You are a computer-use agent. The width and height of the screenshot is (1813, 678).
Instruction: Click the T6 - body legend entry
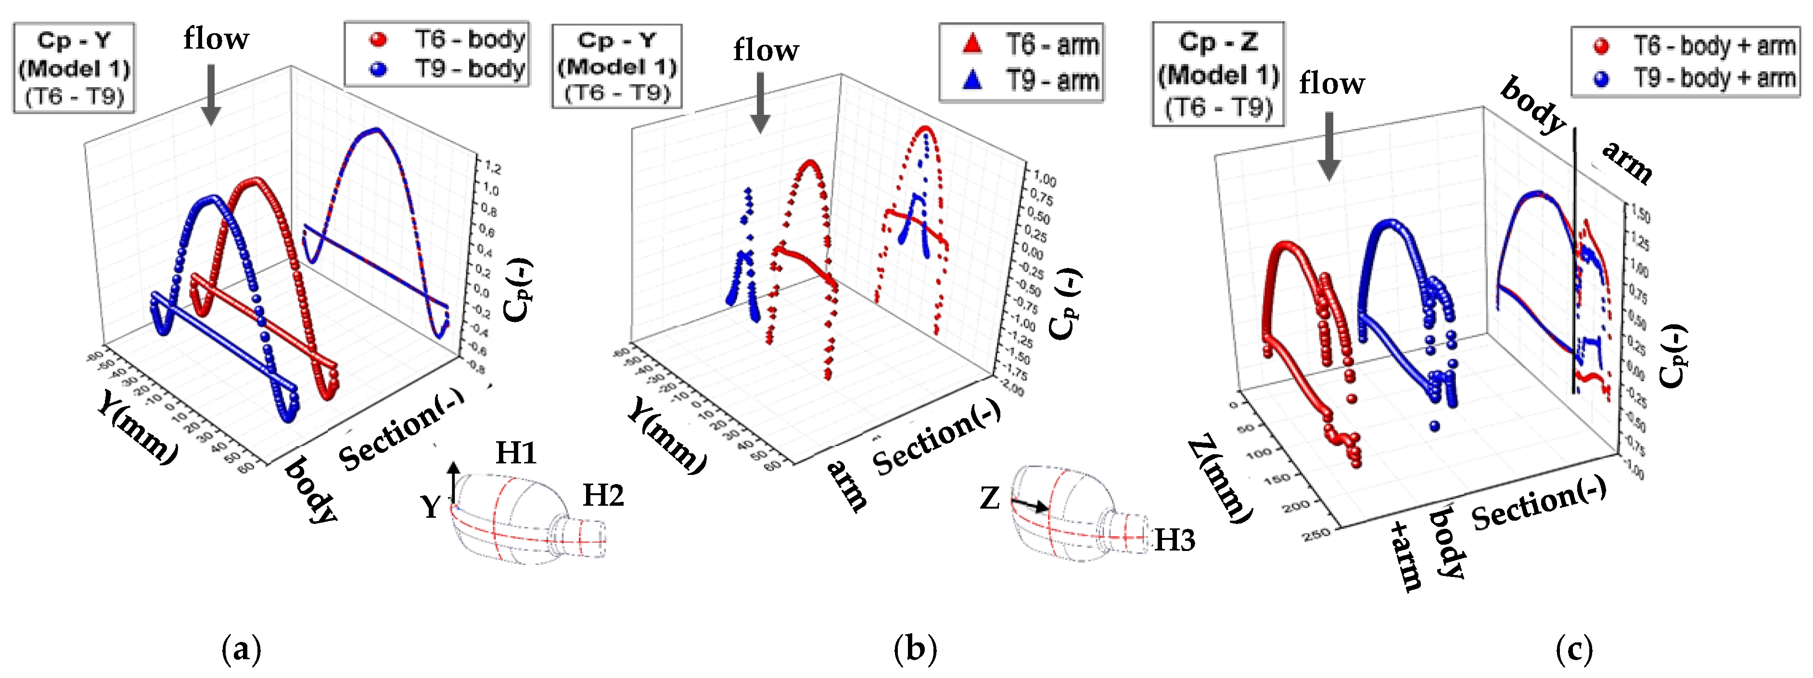point(447,39)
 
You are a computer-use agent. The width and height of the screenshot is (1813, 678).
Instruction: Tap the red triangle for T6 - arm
point(972,44)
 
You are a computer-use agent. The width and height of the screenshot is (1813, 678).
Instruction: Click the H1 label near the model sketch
point(516,453)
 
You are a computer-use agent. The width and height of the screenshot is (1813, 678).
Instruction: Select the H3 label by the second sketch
point(1174,540)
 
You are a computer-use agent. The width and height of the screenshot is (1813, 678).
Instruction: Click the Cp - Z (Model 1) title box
point(1218,74)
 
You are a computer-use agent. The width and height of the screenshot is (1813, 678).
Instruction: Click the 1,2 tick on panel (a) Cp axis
point(491,168)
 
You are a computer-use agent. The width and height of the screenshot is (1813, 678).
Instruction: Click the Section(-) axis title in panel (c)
point(1539,503)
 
